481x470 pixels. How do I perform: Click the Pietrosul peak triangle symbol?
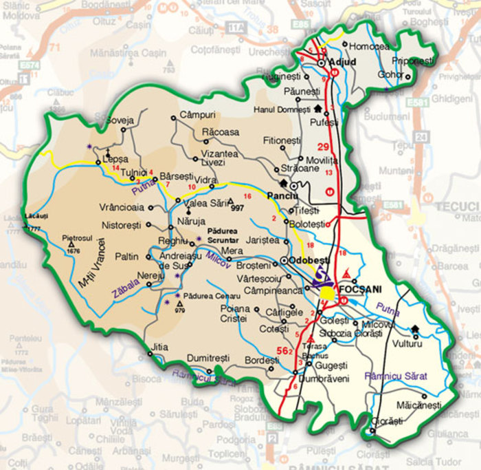click(71, 244)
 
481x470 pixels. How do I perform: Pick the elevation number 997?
click(238, 208)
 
